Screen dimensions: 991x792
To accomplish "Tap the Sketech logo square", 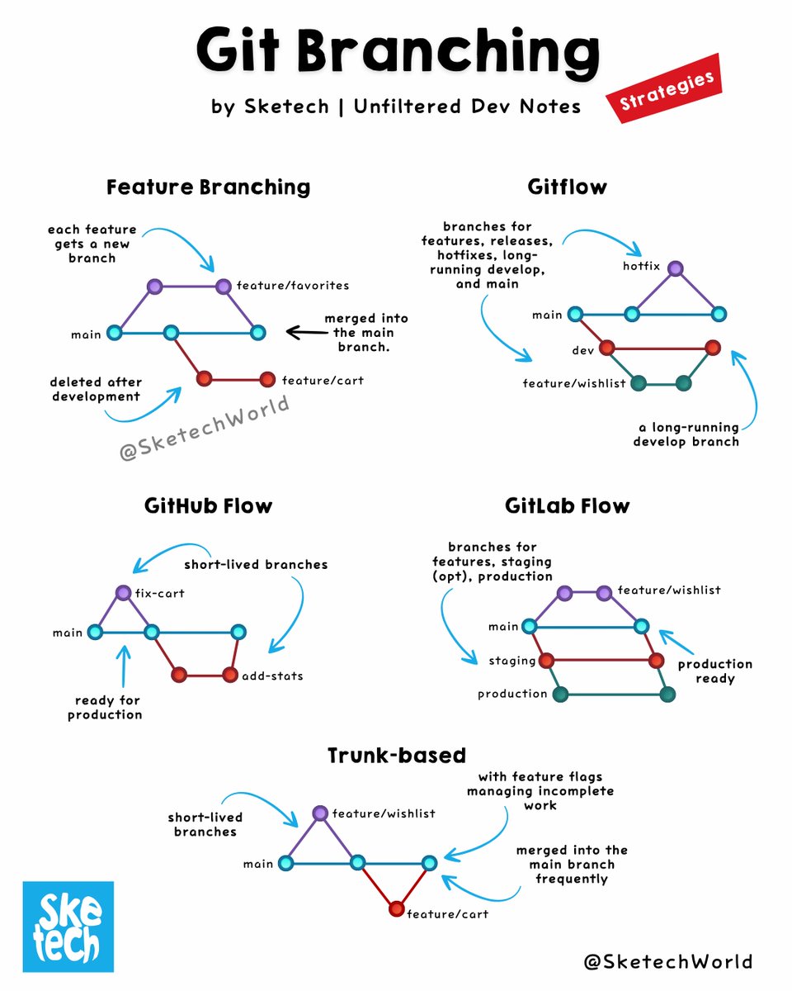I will pyautogui.click(x=68, y=927).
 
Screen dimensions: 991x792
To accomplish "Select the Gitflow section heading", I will pyautogui.click(x=567, y=187).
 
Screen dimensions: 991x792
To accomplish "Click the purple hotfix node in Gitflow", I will pyautogui.click(x=676, y=268).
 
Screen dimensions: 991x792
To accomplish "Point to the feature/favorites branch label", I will pyautogui.click(x=292, y=286).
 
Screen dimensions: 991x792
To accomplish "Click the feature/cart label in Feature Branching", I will pyautogui.click(x=323, y=381).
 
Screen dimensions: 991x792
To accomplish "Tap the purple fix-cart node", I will pyautogui.click(x=123, y=592).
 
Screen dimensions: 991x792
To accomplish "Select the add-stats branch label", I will pyautogui.click(x=272, y=676).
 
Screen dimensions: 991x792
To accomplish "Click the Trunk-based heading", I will pyautogui.click(x=396, y=755).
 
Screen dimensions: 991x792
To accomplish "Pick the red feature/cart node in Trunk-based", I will pyautogui.click(x=396, y=910).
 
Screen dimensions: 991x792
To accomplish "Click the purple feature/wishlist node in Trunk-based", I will pyautogui.click(x=320, y=813).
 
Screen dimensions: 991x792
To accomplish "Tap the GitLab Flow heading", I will pyautogui.click(x=568, y=505).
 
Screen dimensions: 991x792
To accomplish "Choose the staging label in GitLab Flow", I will pyautogui.click(x=512, y=661).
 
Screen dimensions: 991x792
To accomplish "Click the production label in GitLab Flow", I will pyautogui.click(x=512, y=694).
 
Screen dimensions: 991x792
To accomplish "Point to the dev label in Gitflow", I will pyautogui.click(x=583, y=350).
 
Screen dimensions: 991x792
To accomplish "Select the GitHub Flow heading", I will pyautogui.click(x=208, y=505).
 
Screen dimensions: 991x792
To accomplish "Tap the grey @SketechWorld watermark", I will pyautogui.click(x=205, y=427).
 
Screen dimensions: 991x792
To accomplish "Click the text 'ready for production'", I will pyautogui.click(x=105, y=708).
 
